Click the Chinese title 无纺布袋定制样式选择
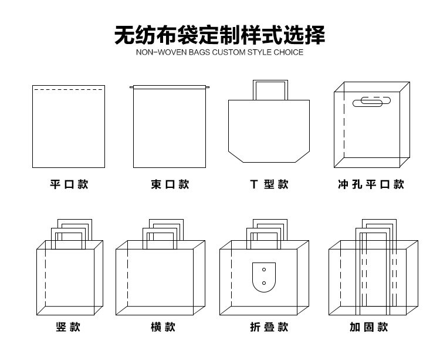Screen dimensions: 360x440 (219, 35)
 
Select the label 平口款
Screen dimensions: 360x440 (69, 184)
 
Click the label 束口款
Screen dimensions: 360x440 (170, 184)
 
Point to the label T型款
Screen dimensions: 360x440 (269, 184)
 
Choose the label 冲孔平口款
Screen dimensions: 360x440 (371, 184)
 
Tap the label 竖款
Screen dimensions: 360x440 (68, 327)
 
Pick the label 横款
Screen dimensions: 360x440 (163, 327)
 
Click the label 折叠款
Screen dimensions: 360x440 (269, 327)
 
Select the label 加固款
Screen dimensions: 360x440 (369, 327)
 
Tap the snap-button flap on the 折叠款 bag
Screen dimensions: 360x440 (264, 277)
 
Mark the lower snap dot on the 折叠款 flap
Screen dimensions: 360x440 (264, 283)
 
